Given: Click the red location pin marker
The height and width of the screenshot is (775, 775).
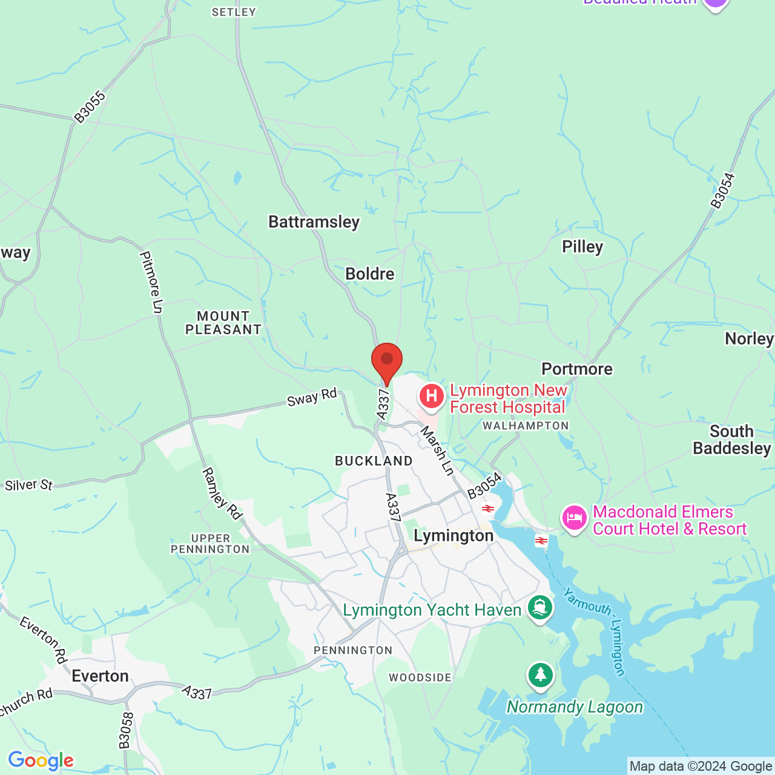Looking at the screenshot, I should coord(387,361).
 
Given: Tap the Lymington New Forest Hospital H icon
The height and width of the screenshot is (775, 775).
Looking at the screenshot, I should coord(432,397).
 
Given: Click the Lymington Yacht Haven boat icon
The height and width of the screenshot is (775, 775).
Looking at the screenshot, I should coord(540,607).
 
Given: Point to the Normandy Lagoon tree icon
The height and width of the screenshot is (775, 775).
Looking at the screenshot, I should coord(540,674).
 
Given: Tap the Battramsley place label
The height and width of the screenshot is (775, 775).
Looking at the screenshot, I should coord(314,222).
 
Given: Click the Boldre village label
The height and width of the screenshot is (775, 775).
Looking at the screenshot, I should coord(369,274).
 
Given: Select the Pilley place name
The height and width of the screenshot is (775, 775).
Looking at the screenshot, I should coord(582,247).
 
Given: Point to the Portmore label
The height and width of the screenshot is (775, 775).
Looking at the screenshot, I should coord(577,369).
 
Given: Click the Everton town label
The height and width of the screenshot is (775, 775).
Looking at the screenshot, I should coord(100,676).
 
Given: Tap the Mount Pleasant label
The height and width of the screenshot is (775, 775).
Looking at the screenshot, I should coord(223,323).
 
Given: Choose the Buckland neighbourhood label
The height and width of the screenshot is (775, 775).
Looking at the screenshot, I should coord(374,461).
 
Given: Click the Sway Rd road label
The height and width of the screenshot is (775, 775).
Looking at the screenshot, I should coord(312,398).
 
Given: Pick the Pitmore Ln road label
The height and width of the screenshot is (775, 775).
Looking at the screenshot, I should coord(151,282).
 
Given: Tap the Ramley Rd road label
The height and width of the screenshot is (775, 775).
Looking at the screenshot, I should coord(222,493).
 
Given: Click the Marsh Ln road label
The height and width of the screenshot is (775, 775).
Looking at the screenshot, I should coord(437,451).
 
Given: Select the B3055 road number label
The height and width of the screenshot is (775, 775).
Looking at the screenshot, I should coord(90,107).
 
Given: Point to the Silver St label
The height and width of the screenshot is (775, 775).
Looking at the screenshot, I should coord(28,486).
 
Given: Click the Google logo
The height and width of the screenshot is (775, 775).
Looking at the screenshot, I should coord(41,760).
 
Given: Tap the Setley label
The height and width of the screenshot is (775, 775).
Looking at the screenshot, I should coord(234,12).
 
